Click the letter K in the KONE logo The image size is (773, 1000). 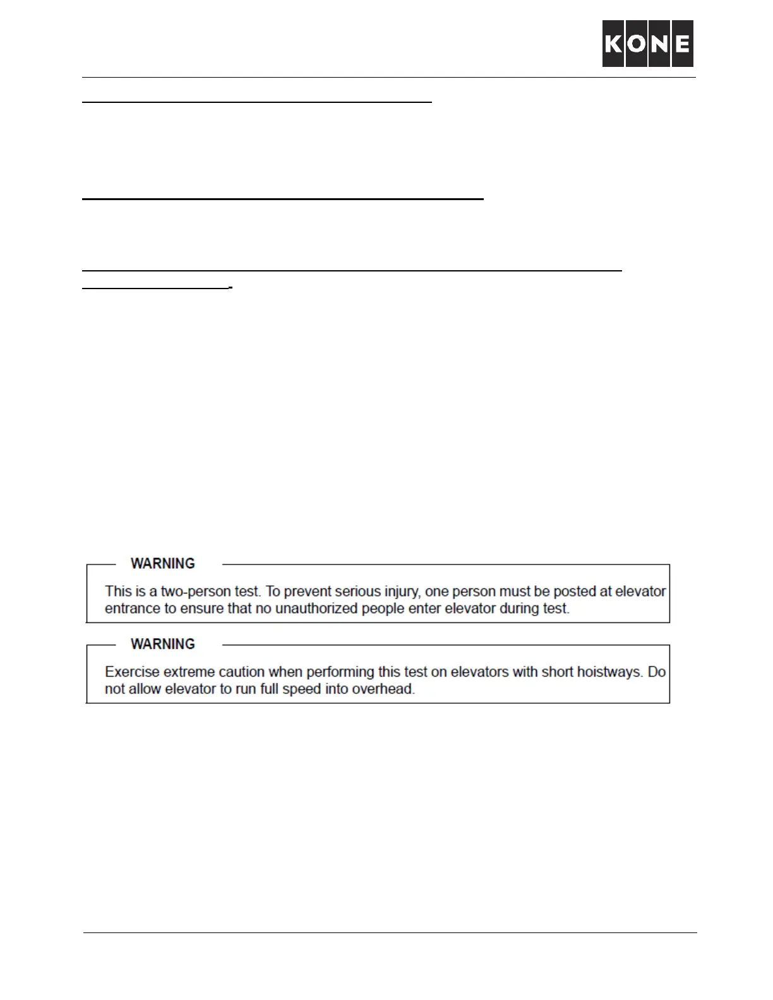613,44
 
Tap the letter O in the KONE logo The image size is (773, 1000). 637,44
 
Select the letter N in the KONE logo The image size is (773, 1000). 659,44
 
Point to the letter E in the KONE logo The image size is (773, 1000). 682,44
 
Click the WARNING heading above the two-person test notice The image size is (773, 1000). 163,563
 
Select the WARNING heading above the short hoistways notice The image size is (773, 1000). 163,644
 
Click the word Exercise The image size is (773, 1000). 132,672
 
